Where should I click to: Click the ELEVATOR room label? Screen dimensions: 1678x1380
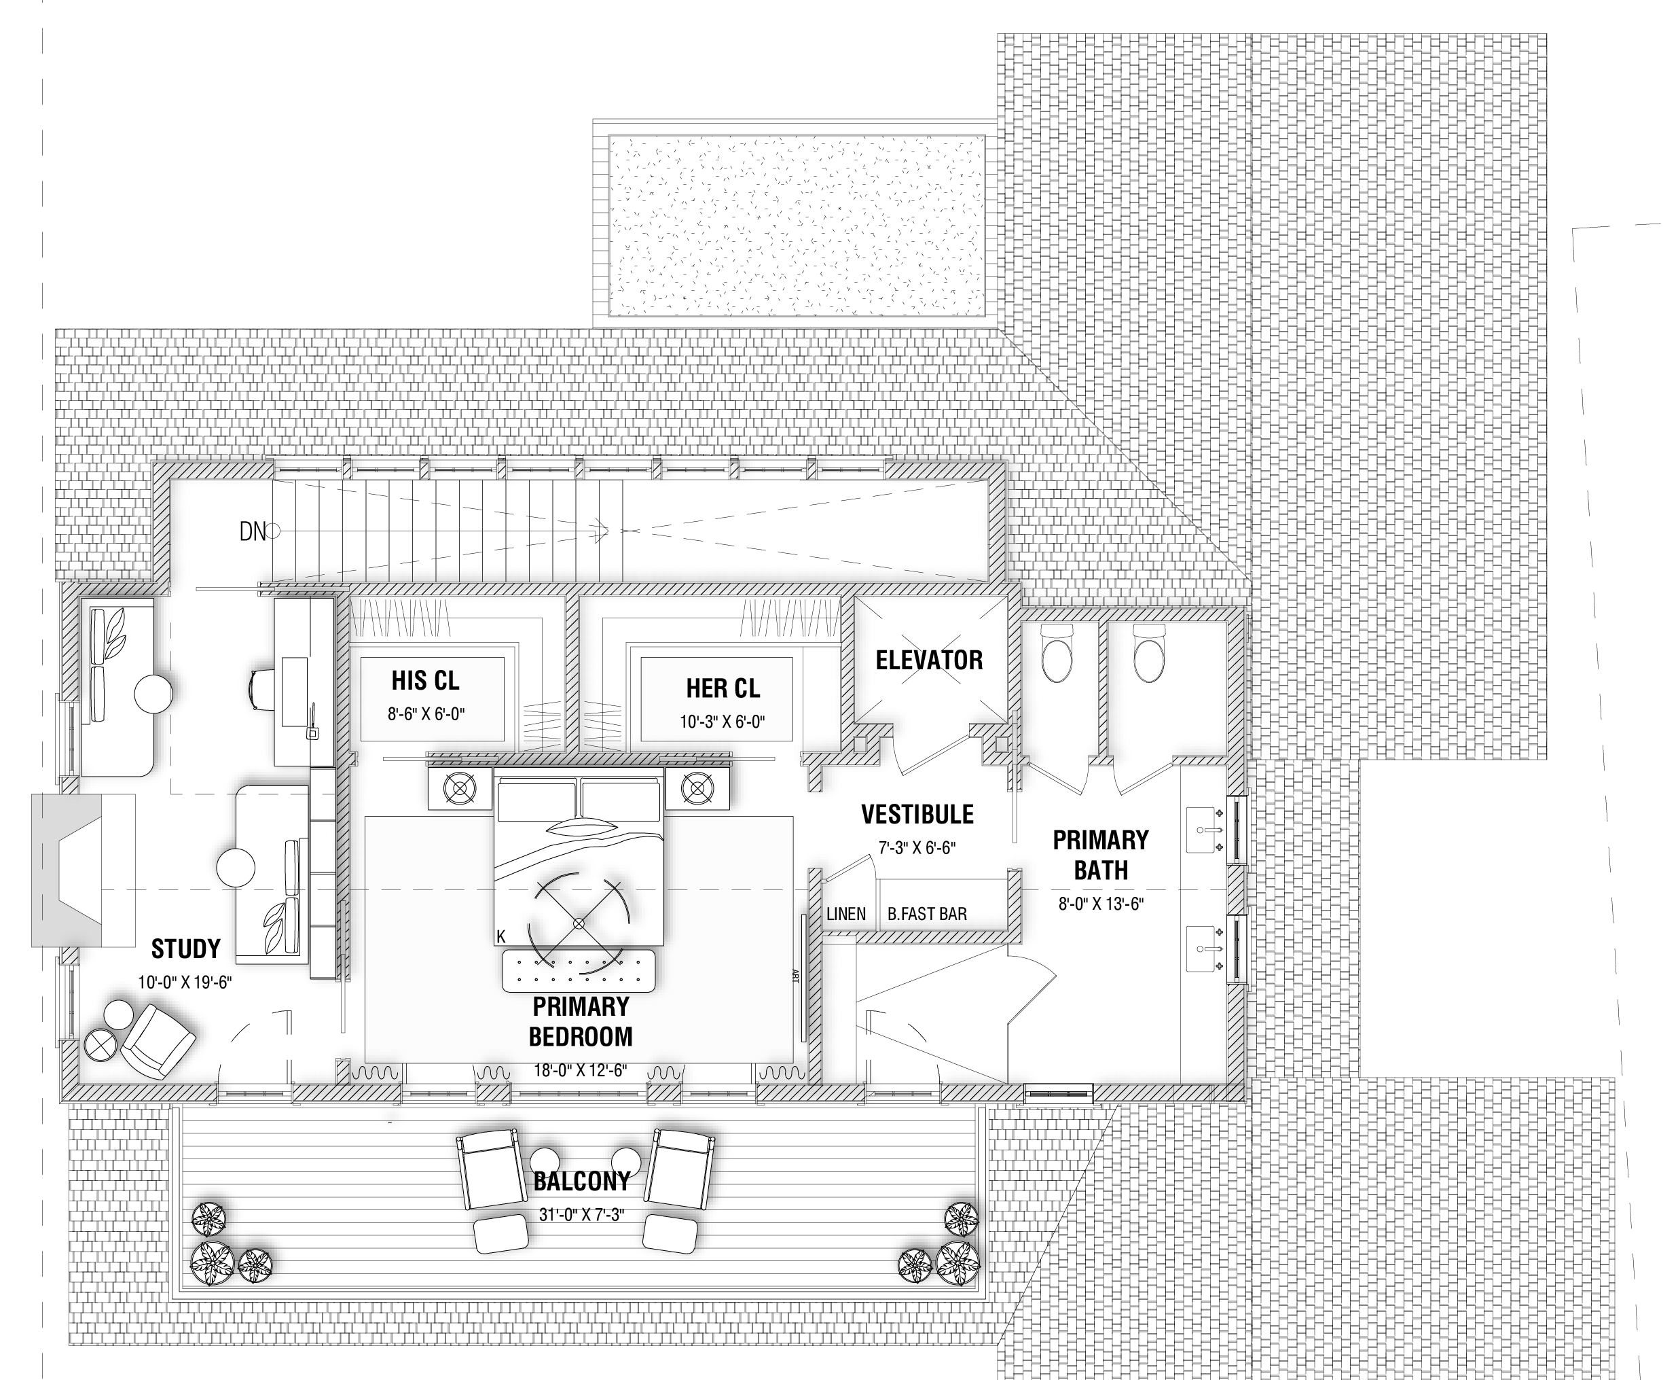click(x=929, y=660)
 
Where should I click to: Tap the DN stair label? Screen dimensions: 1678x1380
click(x=253, y=532)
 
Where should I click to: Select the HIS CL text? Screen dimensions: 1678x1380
click(x=425, y=680)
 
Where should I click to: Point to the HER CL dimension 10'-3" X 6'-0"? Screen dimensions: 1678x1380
click(x=723, y=722)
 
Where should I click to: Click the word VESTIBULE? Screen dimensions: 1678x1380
click(x=917, y=814)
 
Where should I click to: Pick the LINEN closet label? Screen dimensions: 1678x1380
click(x=846, y=914)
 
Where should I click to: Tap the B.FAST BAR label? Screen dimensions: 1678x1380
click(x=927, y=914)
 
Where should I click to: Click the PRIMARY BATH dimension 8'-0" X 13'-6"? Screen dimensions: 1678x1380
click(x=1100, y=904)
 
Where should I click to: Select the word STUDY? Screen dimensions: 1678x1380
click(x=185, y=949)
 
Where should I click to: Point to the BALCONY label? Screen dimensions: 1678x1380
click(x=581, y=1182)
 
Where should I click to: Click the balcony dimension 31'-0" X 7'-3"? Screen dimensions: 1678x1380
click(x=581, y=1215)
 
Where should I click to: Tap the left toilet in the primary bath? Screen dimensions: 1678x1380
click(x=1057, y=653)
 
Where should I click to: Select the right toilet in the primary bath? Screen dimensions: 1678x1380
click(x=1149, y=653)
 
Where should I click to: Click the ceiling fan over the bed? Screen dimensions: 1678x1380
click(x=579, y=923)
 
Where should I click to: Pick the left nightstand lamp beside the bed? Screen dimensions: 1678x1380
click(x=459, y=789)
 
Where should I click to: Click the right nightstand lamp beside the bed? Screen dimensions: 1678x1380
click(x=697, y=789)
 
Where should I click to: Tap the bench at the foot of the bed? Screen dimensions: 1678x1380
click(x=579, y=970)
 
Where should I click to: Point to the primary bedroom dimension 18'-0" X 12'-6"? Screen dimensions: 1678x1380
click(x=580, y=1071)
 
